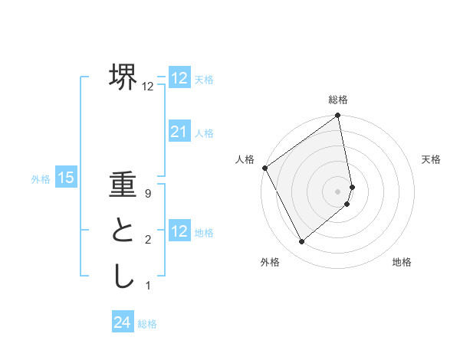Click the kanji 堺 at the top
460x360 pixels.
click(x=123, y=76)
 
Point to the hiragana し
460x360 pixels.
click(x=123, y=275)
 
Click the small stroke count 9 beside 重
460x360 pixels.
click(x=148, y=195)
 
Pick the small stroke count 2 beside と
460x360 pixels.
click(x=148, y=241)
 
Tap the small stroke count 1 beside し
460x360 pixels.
click(x=148, y=286)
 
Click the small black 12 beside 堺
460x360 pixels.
click(x=148, y=87)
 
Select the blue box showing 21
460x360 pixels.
click(x=179, y=132)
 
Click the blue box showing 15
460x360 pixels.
click(x=66, y=178)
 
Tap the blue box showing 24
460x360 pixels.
click(x=123, y=322)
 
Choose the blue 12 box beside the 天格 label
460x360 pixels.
click(x=179, y=78)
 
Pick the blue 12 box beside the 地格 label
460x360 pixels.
click(x=179, y=231)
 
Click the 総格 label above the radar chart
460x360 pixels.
click(x=338, y=100)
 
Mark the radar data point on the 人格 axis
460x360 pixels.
click(x=264, y=168)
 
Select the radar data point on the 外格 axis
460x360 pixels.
click(x=301, y=242)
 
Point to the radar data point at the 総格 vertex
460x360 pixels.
click(x=338, y=116)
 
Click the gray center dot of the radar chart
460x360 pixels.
click(x=338, y=191)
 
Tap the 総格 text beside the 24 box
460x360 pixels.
click(x=147, y=324)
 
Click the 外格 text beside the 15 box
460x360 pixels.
click(x=41, y=179)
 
